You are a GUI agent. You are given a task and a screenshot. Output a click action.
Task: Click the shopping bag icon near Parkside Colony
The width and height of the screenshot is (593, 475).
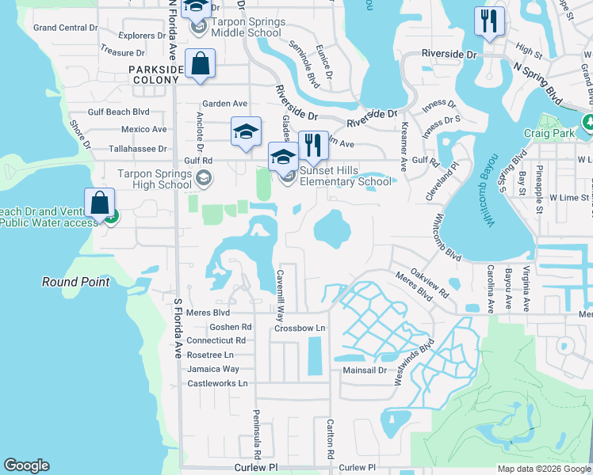(200, 64)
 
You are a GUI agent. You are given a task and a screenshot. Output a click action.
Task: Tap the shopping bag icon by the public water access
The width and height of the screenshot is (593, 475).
(100, 203)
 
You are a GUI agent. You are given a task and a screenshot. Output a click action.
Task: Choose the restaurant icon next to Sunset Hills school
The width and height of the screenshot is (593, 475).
(313, 146)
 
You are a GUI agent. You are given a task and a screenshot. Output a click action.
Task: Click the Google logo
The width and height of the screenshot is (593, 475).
(27, 465)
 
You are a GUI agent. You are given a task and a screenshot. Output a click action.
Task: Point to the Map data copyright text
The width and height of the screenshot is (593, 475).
(543, 469)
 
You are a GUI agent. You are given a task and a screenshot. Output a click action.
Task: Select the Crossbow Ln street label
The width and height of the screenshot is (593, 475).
(300, 328)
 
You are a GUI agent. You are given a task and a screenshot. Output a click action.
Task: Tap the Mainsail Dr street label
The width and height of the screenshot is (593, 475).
(364, 370)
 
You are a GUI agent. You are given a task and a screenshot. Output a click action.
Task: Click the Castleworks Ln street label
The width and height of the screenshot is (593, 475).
(217, 383)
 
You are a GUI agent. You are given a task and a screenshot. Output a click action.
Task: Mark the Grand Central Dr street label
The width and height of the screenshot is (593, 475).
(66, 28)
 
